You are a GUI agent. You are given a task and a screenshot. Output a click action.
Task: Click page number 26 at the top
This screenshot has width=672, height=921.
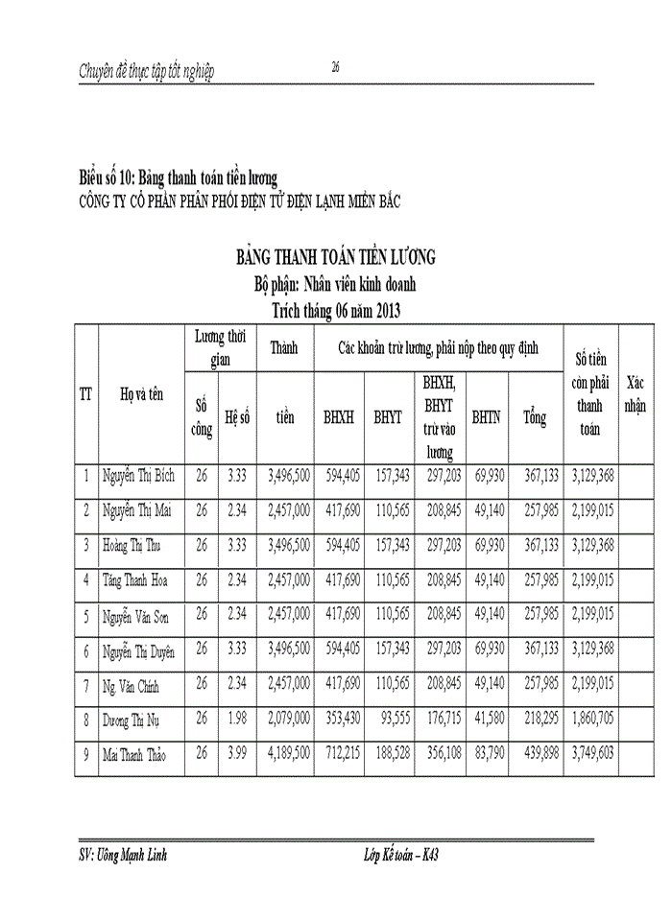(336, 66)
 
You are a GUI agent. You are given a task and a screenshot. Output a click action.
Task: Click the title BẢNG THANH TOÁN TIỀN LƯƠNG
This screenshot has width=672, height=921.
(336, 256)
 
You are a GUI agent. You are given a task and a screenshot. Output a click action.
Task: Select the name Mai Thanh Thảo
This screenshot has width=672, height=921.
(135, 756)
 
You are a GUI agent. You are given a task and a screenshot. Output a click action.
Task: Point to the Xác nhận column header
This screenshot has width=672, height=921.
(636, 393)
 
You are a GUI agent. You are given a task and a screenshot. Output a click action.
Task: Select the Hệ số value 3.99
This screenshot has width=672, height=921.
(236, 755)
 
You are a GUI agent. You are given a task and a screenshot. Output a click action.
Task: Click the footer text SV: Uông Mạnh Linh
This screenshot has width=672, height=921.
(124, 855)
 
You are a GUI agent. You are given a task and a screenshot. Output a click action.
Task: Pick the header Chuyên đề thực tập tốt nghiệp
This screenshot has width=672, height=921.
(147, 71)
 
